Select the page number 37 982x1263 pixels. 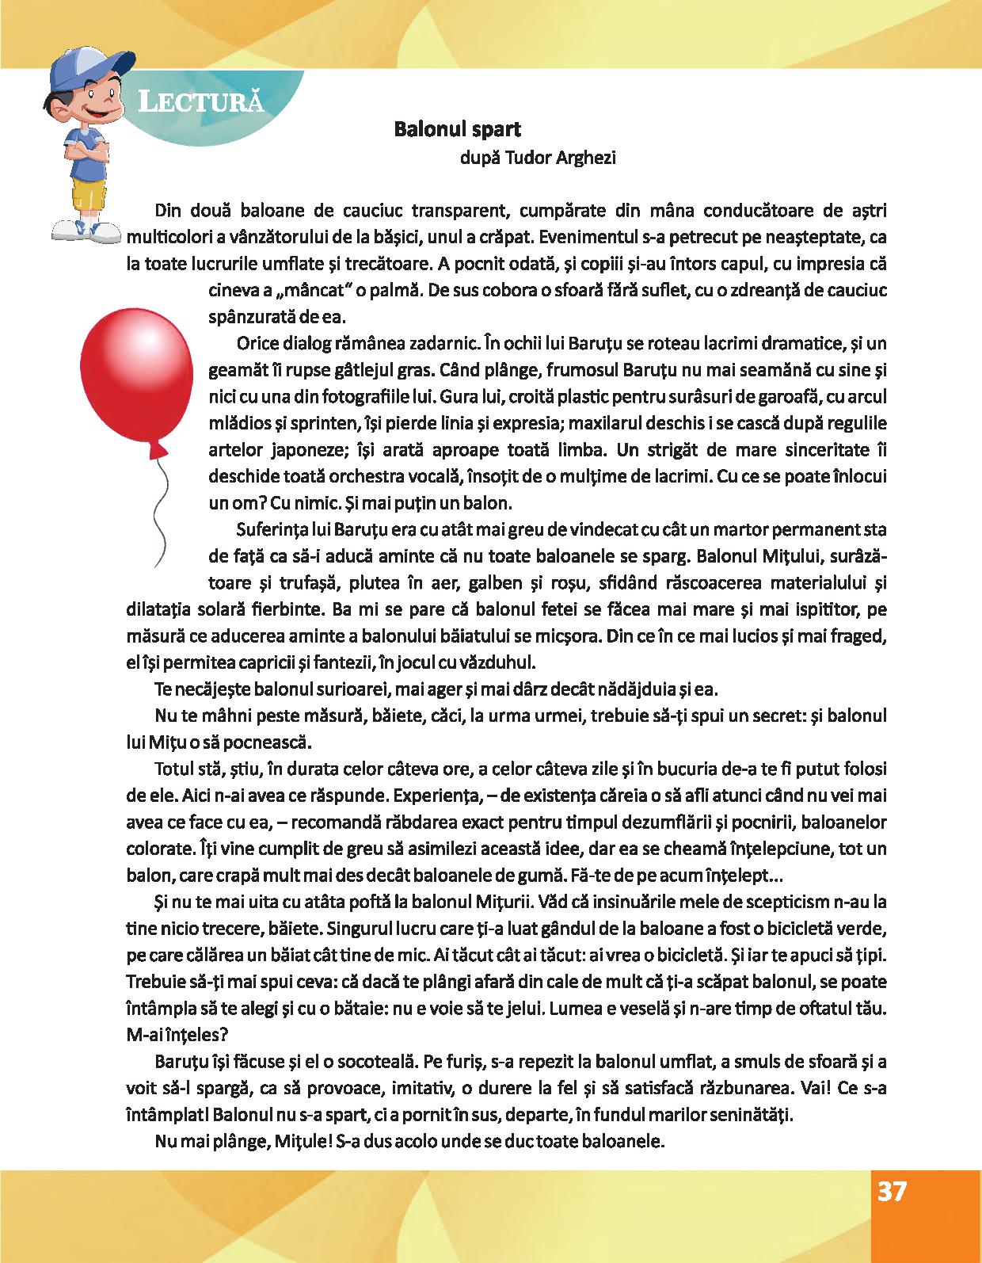(892, 1215)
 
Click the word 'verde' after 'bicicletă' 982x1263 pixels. (866, 928)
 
